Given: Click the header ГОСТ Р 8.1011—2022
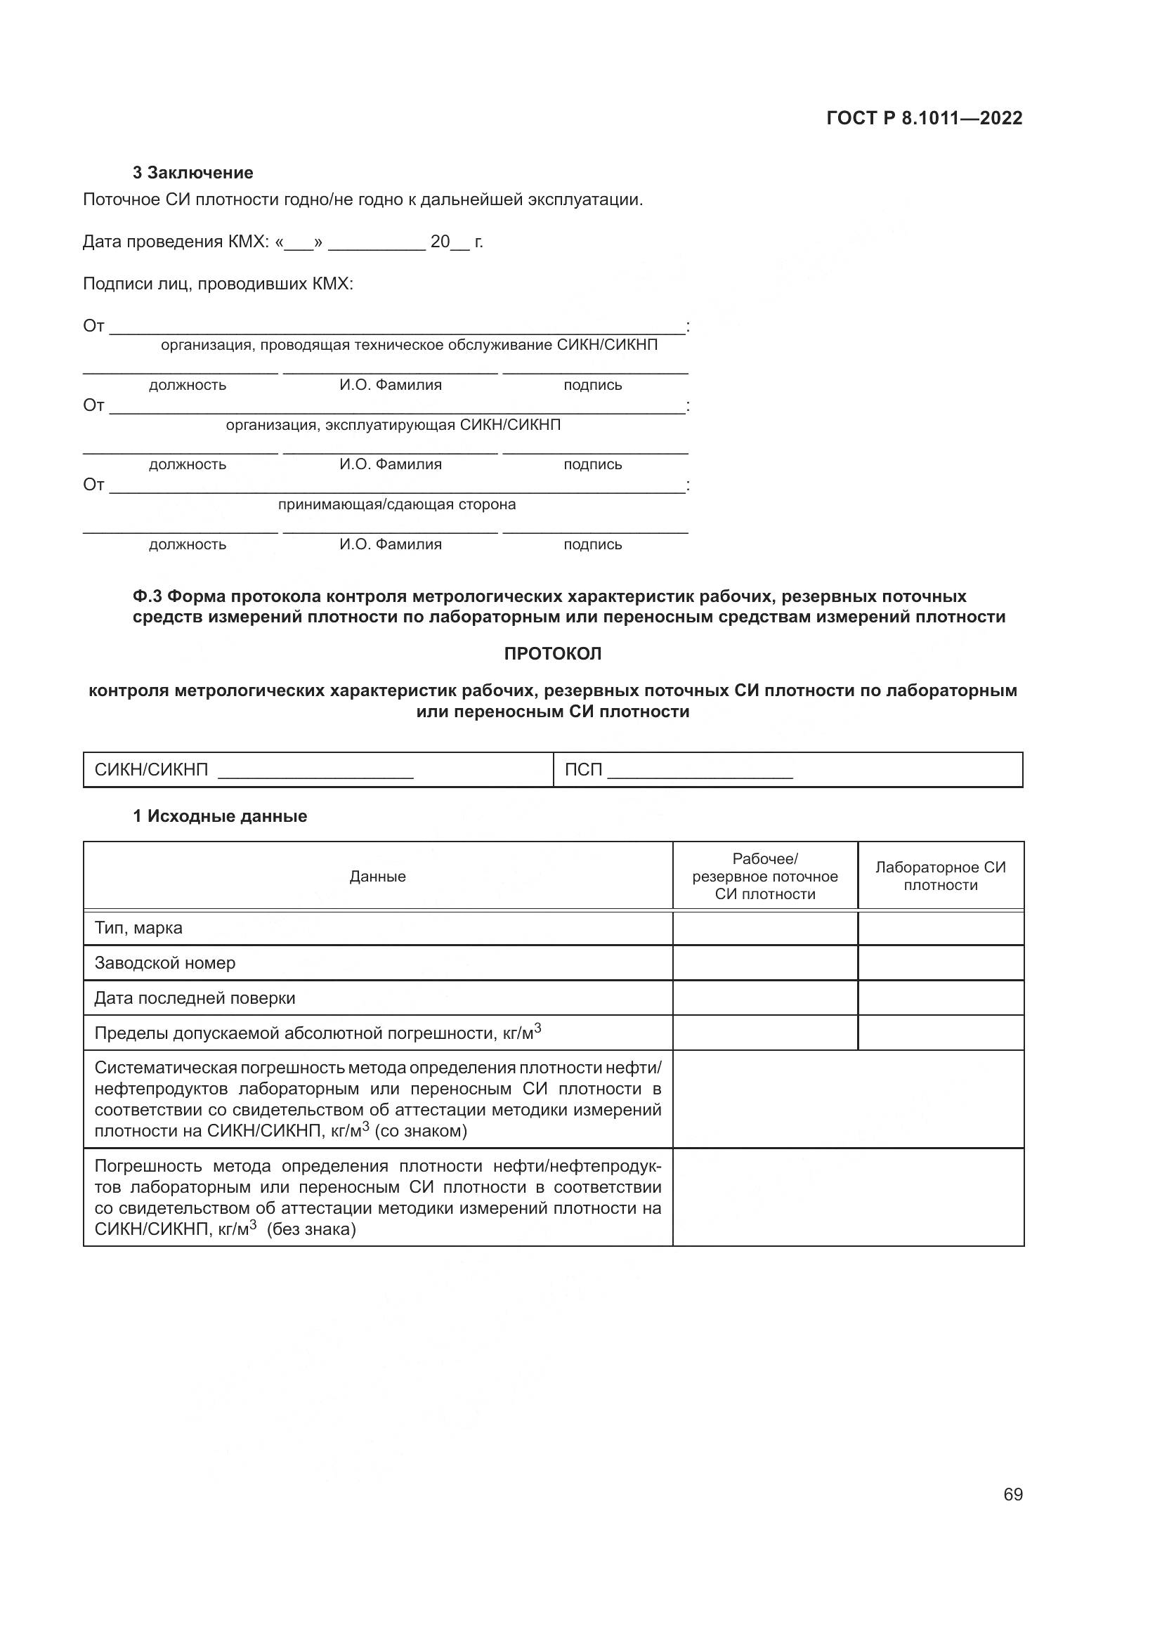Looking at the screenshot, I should [924, 118].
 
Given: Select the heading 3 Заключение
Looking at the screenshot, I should [192, 173].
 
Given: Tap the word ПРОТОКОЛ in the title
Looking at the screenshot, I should [552, 653].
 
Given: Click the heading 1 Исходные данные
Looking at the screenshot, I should [220, 816].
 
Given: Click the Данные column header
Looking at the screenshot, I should [377, 877].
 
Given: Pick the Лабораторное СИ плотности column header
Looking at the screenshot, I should [940, 876].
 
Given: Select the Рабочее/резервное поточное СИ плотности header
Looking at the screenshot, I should [765, 877].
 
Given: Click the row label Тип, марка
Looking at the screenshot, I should [138, 928].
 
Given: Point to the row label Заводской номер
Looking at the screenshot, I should [164, 963].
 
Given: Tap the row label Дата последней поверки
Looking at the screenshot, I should [195, 998].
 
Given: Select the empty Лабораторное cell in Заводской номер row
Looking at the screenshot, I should [940, 963].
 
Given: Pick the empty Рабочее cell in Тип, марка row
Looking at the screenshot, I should [765, 928].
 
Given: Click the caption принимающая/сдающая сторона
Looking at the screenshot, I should [396, 504].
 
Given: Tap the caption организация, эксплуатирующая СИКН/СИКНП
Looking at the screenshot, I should [393, 425].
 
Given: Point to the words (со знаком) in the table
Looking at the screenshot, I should [421, 1132].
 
